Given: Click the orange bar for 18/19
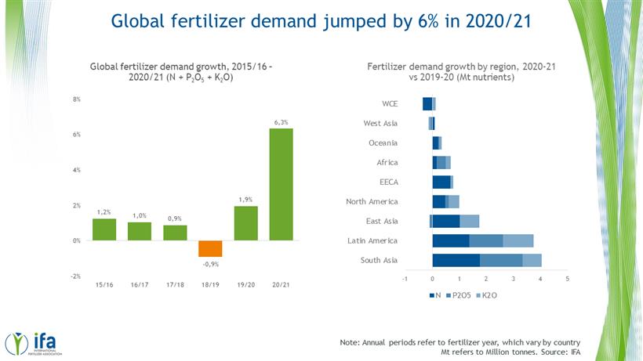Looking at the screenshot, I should pyautogui.click(x=210, y=248).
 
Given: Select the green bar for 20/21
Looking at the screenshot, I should pyautogui.click(x=281, y=184).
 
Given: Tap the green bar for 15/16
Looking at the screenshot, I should pyautogui.click(x=104, y=229).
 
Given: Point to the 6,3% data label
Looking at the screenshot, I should pyautogui.click(x=281, y=121).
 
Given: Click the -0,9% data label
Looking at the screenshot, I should pyautogui.click(x=210, y=265).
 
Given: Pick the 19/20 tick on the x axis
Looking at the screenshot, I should pyautogui.click(x=245, y=283).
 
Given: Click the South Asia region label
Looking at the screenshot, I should pyautogui.click(x=380, y=260).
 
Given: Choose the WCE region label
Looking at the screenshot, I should pyautogui.click(x=390, y=103).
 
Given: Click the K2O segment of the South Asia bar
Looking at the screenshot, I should pyautogui.click(x=532, y=260).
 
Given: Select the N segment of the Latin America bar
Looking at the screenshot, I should pyautogui.click(x=451, y=240).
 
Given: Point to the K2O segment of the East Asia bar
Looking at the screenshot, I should pyautogui.click(x=470, y=221).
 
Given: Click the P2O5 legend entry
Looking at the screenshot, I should pyautogui.click(x=461, y=295).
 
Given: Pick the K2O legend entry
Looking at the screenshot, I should pyautogui.click(x=488, y=295).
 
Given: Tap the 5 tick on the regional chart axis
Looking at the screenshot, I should pyautogui.click(x=567, y=278).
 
